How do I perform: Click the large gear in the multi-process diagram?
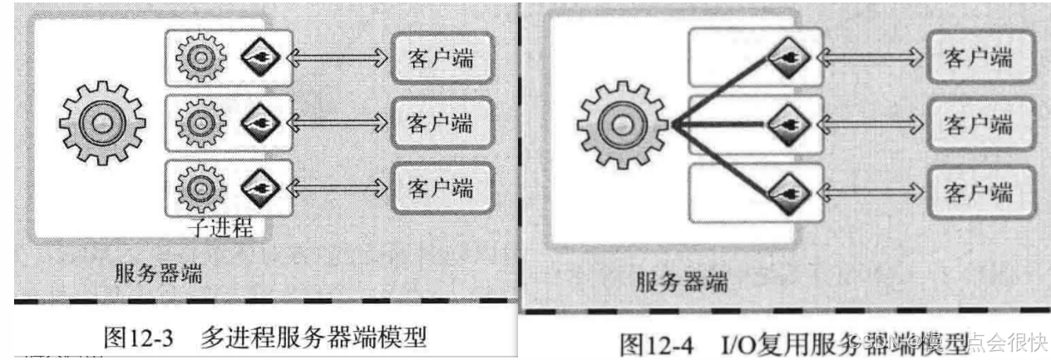click(101, 124)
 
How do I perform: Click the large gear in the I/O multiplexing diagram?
click(619, 125)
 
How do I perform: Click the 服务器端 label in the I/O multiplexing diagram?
click(681, 282)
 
